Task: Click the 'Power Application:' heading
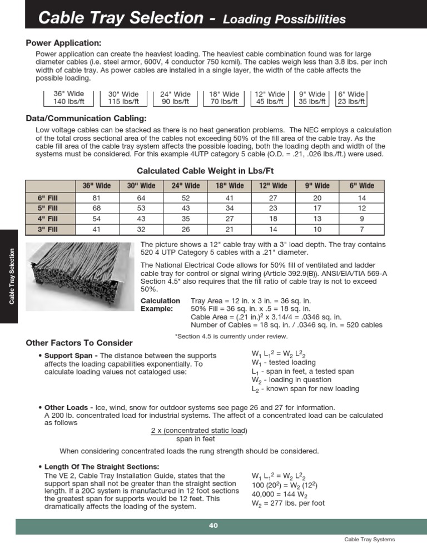click(x=64, y=43)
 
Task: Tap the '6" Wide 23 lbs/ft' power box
click(x=351, y=98)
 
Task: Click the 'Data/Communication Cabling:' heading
click(x=86, y=119)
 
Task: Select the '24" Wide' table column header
click(x=185, y=185)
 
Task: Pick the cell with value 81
click(x=96, y=197)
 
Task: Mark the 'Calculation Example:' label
click(x=160, y=304)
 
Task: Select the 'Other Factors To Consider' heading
click(x=80, y=343)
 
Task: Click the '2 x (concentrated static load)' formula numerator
click(x=199, y=431)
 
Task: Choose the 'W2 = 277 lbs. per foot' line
click(x=288, y=503)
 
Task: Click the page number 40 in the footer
click(x=213, y=526)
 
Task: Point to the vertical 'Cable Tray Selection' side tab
click(x=12, y=276)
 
